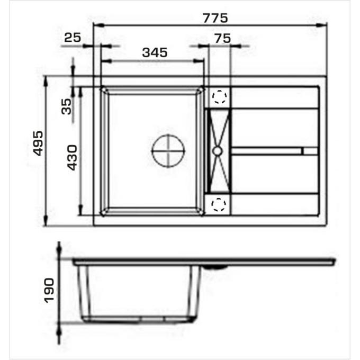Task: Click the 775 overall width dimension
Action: tap(215, 18)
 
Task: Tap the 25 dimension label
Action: tap(73, 38)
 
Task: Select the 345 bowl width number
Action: tap(155, 52)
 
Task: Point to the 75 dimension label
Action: tap(223, 38)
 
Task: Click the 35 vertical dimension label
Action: tap(67, 106)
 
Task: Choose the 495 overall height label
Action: tap(38, 143)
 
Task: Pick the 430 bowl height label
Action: tap(73, 158)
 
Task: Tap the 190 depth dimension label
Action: tap(49, 291)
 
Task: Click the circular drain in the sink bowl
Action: tap(168, 151)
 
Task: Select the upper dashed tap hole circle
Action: tap(219, 97)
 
